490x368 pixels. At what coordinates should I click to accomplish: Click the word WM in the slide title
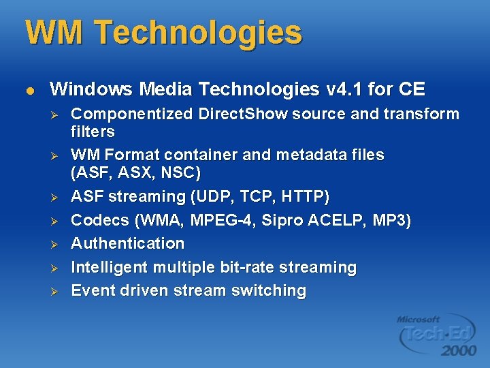[x=53, y=32]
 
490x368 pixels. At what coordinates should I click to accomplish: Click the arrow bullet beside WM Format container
[x=57, y=156]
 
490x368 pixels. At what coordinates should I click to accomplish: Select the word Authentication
[x=128, y=243]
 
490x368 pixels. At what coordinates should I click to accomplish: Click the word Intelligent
[x=109, y=267]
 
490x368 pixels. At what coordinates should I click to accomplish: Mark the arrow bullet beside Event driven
[x=57, y=291]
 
